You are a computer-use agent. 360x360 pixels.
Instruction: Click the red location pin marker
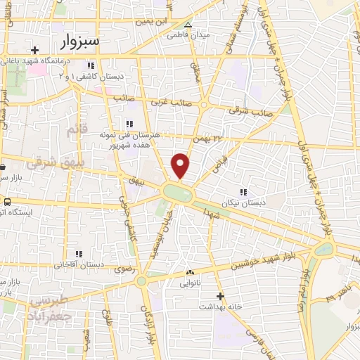[x=181, y=165]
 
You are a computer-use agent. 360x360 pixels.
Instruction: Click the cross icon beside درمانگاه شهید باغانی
[x=35, y=50]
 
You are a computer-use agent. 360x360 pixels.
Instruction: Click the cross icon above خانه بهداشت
[x=220, y=296]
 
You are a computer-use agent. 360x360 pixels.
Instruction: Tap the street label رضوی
[x=114, y=270]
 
